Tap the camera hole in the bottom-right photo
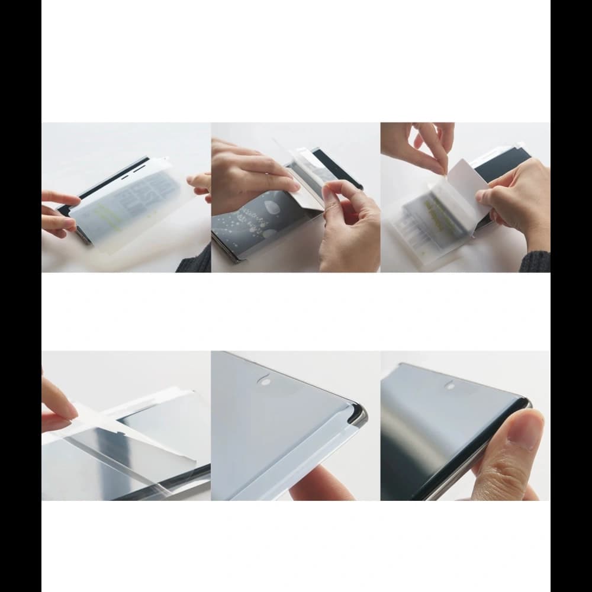[x=451, y=385]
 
